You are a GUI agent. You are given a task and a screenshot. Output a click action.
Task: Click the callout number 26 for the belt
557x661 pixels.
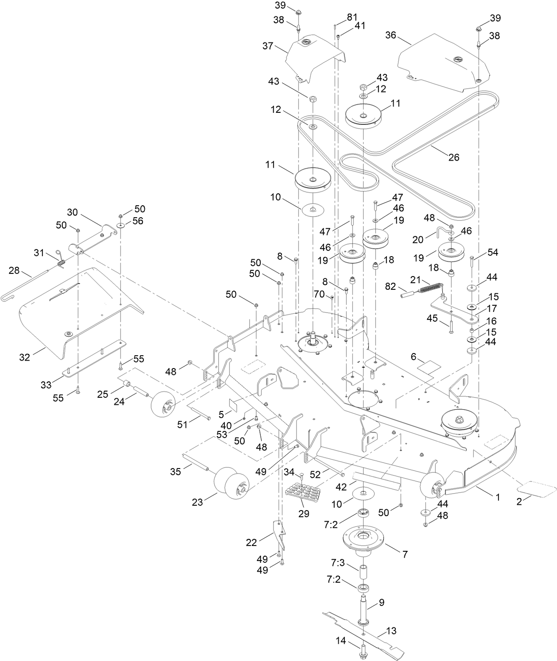(454, 157)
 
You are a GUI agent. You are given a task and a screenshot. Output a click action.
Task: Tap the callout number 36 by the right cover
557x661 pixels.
(391, 35)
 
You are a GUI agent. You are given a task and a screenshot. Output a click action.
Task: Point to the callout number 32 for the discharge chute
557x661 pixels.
(25, 357)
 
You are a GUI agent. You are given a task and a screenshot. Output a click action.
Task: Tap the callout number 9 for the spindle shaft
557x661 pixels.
(381, 602)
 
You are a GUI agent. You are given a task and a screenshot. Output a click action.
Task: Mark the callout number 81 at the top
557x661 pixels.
(352, 17)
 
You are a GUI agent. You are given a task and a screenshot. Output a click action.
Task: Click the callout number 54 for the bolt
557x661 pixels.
(493, 252)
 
